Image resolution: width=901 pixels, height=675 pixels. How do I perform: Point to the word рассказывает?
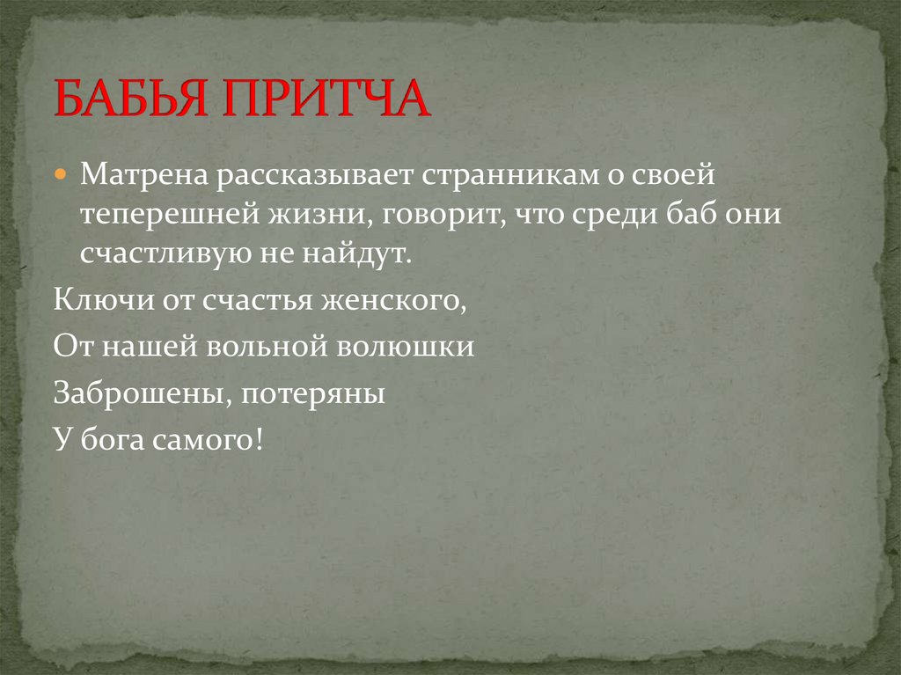[x=313, y=175]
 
